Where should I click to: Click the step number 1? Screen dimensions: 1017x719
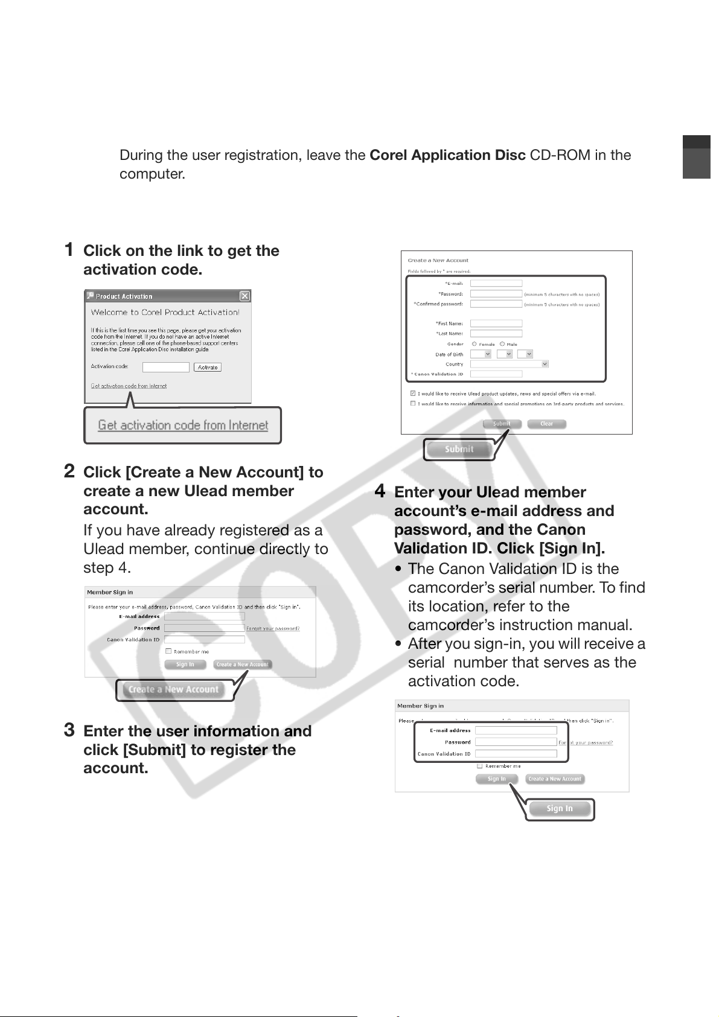(69, 249)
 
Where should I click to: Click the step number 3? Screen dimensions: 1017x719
(69, 730)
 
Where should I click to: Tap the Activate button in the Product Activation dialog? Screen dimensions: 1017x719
(208, 367)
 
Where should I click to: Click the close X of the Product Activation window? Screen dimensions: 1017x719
(244, 296)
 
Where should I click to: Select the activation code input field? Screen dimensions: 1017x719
(166, 367)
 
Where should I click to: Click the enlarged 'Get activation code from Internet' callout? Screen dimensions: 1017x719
(183, 426)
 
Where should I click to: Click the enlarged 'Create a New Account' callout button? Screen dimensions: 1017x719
(173, 689)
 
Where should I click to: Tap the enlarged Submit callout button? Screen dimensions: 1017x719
(459, 449)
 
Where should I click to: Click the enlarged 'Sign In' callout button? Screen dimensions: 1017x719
(559, 809)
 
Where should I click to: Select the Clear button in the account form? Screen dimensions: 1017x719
(546, 424)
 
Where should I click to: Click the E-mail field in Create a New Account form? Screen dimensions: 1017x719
(496, 283)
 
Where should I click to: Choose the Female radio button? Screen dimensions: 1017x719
(475, 344)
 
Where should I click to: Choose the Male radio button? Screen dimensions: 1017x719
(502, 344)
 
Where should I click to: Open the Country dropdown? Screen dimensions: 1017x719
(510, 364)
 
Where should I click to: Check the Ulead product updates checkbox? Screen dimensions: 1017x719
(413, 394)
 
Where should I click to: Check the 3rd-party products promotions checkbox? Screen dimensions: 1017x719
(413, 403)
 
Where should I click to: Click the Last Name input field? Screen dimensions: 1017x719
(496, 333)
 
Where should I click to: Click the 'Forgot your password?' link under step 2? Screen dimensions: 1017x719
(273, 628)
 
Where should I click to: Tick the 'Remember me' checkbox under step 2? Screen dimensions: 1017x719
(168, 651)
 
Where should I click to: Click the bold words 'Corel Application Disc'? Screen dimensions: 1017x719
(447, 155)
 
